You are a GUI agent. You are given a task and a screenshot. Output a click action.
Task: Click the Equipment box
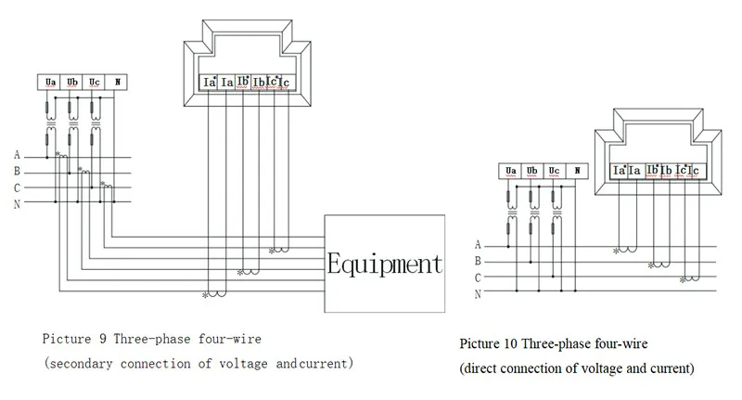pyautogui.click(x=383, y=265)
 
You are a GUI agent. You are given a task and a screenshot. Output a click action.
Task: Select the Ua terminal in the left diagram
pyautogui.click(x=50, y=83)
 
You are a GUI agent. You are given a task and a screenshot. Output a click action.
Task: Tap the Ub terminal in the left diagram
pyautogui.click(x=72, y=83)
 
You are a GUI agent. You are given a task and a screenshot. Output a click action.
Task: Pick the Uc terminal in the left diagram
pyautogui.click(x=95, y=83)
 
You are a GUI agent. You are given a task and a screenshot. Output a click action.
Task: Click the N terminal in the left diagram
pyautogui.click(x=117, y=83)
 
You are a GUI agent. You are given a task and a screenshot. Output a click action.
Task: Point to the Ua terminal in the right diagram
pyautogui.click(x=510, y=171)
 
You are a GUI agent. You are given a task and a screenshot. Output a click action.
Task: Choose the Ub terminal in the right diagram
pyautogui.click(x=532, y=171)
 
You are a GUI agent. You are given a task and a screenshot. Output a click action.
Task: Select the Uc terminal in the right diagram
pyautogui.click(x=555, y=171)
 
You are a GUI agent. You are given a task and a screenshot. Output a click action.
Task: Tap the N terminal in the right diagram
pyautogui.click(x=577, y=171)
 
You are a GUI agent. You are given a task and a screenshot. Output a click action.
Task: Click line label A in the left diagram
pyautogui.click(x=17, y=155)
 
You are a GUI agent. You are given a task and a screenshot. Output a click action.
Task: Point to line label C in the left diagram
pyautogui.click(x=17, y=188)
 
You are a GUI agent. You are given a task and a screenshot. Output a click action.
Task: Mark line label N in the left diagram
pyautogui.click(x=17, y=204)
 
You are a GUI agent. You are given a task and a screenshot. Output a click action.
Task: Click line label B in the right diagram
pyautogui.click(x=478, y=262)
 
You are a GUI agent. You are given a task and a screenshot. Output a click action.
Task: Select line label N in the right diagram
pyautogui.click(x=478, y=294)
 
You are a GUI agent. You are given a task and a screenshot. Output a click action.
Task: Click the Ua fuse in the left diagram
pyautogui.click(x=50, y=108)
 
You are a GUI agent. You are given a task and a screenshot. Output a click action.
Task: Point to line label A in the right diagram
pyautogui.click(x=478, y=245)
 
